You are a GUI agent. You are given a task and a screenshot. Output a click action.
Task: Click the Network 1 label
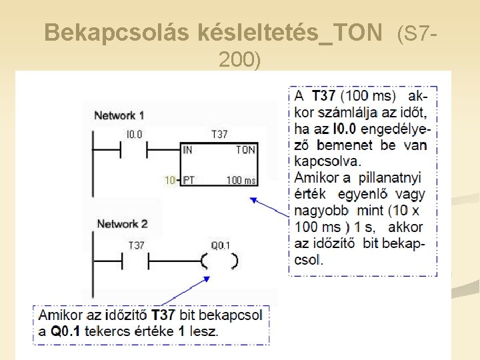(x=119, y=115)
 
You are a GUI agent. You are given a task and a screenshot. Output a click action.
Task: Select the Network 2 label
(x=122, y=223)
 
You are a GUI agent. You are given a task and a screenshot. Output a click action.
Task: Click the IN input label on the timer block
(x=187, y=150)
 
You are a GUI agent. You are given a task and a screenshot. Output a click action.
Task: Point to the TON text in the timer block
(x=245, y=150)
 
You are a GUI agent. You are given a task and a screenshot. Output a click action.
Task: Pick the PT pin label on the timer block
(x=189, y=180)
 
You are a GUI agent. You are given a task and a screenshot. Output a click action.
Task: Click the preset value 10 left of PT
(x=170, y=180)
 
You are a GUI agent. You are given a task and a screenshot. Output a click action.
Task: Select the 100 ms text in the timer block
(x=241, y=180)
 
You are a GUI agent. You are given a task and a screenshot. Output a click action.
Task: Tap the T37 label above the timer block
(x=219, y=135)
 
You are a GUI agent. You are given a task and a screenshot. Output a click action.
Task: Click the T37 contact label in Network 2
(x=135, y=245)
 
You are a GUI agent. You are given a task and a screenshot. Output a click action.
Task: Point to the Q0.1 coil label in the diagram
(x=220, y=245)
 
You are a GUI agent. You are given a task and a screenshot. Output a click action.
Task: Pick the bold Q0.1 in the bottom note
(x=63, y=331)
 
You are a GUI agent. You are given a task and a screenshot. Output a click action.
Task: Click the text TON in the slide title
(x=360, y=31)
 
